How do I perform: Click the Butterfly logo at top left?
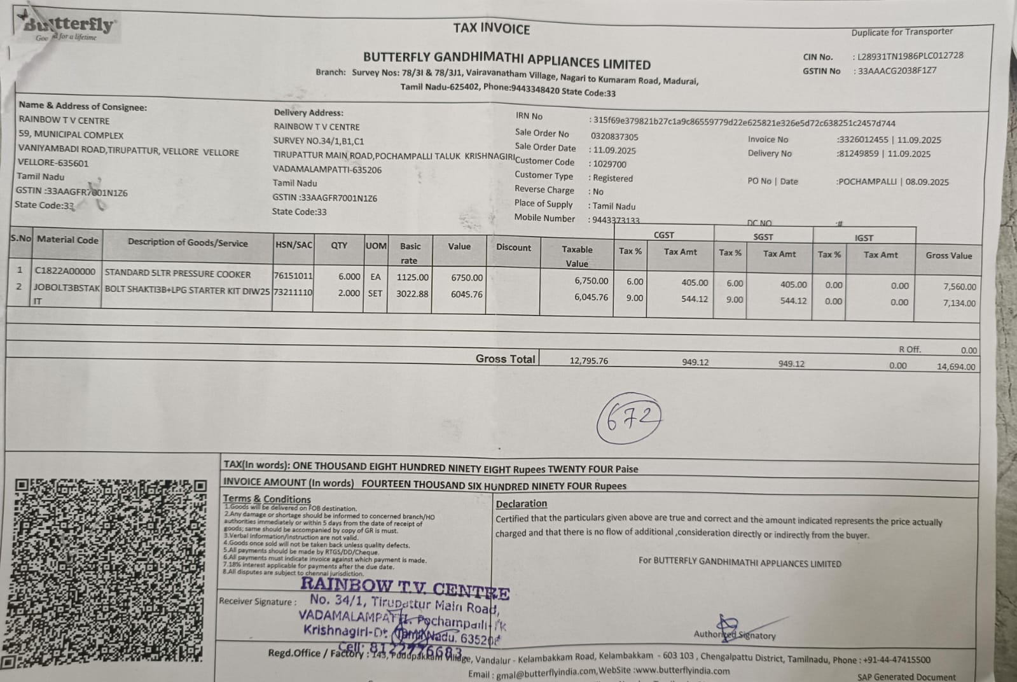tap(69, 27)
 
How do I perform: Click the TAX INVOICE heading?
tap(491, 29)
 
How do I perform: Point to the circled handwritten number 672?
tap(628, 419)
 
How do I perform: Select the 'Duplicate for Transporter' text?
tap(902, 32)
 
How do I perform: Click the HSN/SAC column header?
tap(293, 245)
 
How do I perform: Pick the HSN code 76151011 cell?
tap(293, 276)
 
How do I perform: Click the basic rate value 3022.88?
tap(412, 293)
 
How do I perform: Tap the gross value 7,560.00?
tap(959, 287)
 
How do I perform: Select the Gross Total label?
tap(505, 359)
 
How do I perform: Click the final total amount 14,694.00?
tap(955, 367)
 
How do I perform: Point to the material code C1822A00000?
tap(65, 271)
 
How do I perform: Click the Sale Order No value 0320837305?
tap(614, 137)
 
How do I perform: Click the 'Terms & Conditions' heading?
tap(266, 499)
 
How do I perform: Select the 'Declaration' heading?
tap(521, 504)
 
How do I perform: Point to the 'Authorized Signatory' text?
tap(735, 634)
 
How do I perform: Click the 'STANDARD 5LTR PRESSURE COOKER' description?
tap(177, 274)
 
